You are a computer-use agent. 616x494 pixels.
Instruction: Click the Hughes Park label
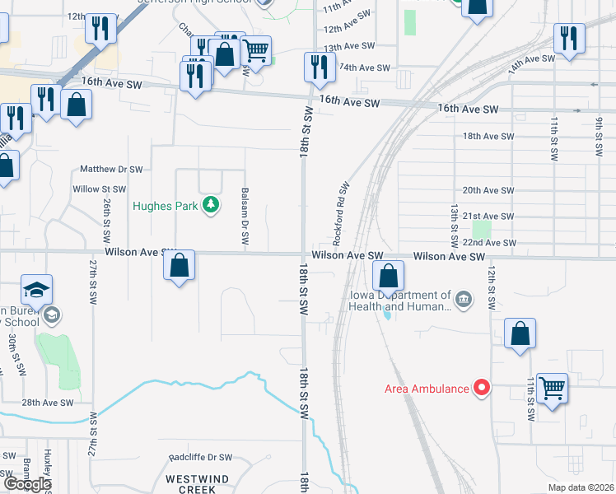(x=166, y=206)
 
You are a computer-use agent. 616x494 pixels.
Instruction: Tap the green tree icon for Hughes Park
(x=211, y=204)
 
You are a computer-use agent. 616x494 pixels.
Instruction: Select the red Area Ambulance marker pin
(x=480, y=387)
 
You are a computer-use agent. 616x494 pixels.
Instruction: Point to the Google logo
(x=26, y=484)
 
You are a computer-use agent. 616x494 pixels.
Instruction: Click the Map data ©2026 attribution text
(x=581, y=487)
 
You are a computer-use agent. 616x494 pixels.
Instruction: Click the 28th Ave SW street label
(x=48, y=403)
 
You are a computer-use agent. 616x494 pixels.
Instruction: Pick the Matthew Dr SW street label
(x=111, y=169)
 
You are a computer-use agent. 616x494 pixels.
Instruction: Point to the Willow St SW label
(x=99, y=189)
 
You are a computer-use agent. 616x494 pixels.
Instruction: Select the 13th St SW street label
(x=452, y=227)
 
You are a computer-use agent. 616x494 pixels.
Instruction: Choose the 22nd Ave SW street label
(x=489, y=243)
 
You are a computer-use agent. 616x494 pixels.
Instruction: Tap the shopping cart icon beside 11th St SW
(x=552, y=387)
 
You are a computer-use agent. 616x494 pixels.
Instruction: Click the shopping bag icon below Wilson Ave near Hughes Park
(x=179, y=265)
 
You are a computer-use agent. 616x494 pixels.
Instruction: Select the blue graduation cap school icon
(x=36, y=290)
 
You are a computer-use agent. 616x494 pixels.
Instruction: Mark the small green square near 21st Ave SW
(x=481, y=230)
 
